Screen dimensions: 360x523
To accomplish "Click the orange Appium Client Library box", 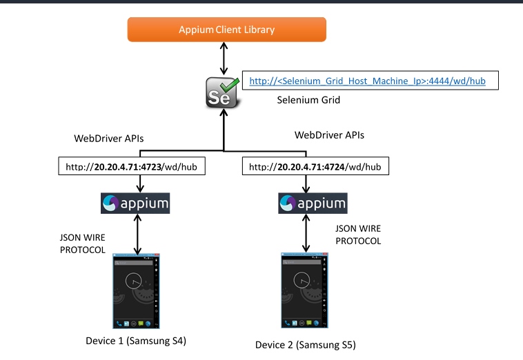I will tap(226, 30).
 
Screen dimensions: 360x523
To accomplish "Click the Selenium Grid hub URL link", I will tap(367, 81).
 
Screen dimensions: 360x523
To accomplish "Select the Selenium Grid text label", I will tap(308, 100).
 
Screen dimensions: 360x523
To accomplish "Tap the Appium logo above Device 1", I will tap(135, 203).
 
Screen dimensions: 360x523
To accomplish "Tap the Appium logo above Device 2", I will tap(312, 203).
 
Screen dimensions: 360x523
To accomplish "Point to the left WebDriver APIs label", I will tap(109, 139).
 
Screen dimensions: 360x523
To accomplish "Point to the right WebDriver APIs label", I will tap(329, 135).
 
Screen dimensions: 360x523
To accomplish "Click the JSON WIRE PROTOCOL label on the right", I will tap(357, 234).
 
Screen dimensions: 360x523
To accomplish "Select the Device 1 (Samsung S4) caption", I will tap(136, 341).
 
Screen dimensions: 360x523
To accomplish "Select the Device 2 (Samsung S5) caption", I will tap(306, 344).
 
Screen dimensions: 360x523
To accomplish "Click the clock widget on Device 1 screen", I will tap(135, 280).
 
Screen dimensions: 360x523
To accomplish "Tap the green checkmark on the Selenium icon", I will tap(230, 83).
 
